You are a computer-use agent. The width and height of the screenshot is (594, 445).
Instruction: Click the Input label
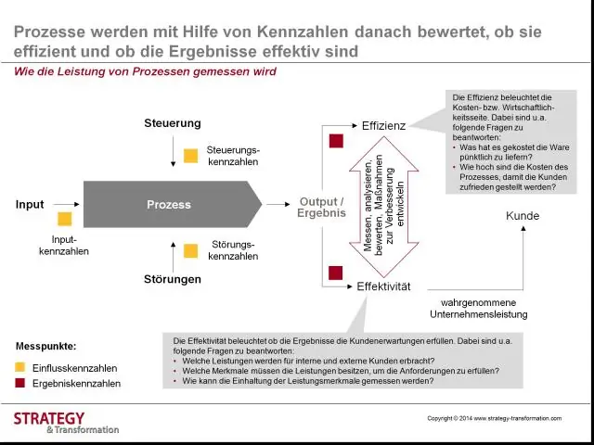tap(30, 204)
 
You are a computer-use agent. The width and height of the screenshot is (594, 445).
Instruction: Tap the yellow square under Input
tap(64, 220)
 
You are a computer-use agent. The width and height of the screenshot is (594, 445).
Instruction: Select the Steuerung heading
tap(173, 123)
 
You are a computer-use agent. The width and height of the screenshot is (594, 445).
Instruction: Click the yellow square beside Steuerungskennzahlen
tap(190, 156)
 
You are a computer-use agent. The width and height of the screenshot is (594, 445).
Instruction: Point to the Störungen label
tap(173, 279)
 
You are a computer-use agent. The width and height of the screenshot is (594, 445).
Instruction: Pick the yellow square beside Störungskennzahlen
tap(190, 250)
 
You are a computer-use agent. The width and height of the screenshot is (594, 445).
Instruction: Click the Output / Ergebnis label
tap(322, 207)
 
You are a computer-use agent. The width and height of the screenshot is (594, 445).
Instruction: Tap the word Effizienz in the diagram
tap(383, 125)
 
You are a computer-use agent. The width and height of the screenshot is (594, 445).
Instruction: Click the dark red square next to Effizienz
tap(336, 141)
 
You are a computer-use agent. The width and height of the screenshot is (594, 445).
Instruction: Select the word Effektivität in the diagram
tap(383, 286)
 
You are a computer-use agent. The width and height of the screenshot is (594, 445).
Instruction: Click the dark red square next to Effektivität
tap(336, 272)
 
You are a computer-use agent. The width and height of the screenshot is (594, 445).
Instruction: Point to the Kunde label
tap(522, 216)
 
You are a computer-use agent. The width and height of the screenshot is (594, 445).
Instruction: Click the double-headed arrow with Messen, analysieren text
tap(383, 205)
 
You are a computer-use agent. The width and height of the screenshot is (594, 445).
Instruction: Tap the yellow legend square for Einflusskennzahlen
tap(20, 367)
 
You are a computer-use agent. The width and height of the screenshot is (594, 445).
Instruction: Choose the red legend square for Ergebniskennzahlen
tap(20, 383)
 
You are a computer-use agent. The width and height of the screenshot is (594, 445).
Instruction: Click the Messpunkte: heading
tap(46, 346)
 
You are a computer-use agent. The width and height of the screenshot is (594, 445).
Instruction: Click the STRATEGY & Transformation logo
tap(65, 423)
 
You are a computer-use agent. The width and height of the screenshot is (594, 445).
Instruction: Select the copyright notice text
tap(494, 418)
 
